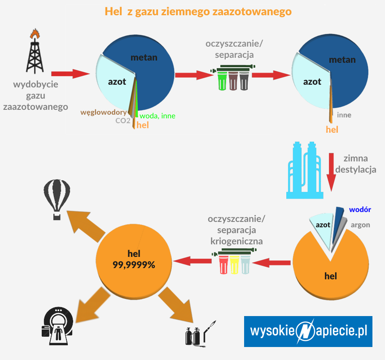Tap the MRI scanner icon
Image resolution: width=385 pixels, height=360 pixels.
coord(57,325)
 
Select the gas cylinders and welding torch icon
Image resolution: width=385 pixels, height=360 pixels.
coord(200,334)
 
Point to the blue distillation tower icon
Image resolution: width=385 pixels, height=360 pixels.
coord(305,170)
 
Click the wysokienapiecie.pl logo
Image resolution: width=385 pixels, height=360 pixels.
coord(308,331)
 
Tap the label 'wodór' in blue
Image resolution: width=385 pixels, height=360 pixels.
coord(360,209)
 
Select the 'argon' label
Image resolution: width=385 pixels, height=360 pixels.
coord(360,225)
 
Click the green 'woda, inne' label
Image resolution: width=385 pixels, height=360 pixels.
coord(157,116)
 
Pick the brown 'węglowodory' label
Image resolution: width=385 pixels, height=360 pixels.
coord(103,113)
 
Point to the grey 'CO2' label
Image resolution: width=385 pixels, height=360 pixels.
coord(123,121)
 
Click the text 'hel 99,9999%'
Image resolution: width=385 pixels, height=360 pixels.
coord(134,259)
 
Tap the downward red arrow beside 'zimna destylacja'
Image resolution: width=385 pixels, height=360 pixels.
coord(331,172)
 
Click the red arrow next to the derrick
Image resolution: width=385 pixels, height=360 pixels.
coord(70,74)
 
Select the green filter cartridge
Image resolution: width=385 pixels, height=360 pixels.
coord(222,81)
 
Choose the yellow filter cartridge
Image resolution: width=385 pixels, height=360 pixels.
coord(234,265)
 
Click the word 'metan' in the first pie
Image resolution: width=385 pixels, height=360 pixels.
coord(144,57)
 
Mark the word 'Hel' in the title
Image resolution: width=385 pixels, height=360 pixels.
coord(113,11)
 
